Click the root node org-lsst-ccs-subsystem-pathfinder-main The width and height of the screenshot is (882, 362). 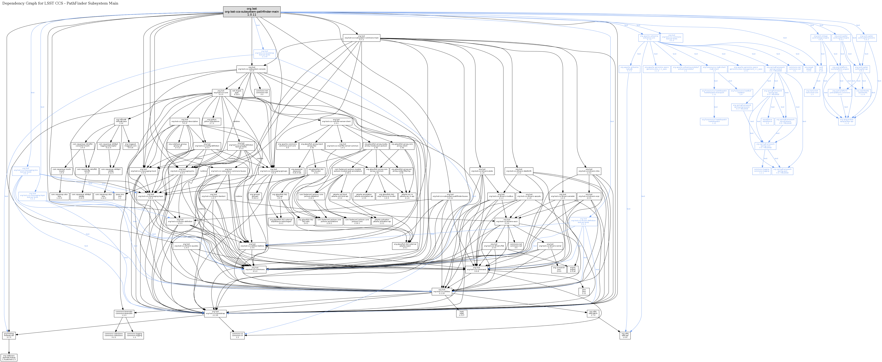click(x=252, y=12)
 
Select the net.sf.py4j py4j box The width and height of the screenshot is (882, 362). click(x=237, y=92)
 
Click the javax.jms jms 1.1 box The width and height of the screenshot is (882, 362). click(x=120, y=196)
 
